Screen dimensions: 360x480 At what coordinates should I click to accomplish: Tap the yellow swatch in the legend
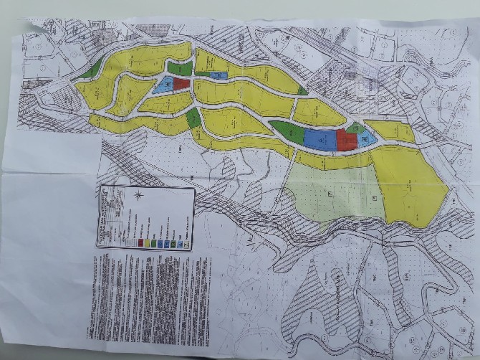coord(148,243)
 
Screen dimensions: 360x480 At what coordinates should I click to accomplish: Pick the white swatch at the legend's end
coord(186,243)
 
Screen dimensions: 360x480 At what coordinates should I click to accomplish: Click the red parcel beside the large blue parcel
coord(345,141)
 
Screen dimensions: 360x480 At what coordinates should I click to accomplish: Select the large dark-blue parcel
coord(320,138)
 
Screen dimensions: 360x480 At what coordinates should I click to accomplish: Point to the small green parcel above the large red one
coord(354,127)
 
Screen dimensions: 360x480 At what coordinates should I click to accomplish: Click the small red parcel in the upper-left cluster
coord(181,84)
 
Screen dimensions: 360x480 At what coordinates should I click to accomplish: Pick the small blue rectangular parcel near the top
coord(218,75)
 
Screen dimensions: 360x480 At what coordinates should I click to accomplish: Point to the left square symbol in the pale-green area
coord(330,194)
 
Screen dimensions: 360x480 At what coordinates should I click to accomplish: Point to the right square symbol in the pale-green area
coord(374,196)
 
